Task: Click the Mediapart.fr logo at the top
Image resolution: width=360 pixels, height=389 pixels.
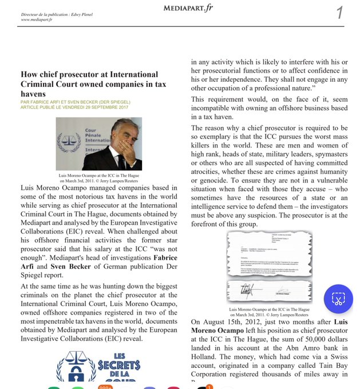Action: coord(188,7)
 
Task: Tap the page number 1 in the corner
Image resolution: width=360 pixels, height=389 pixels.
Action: coord(339,12)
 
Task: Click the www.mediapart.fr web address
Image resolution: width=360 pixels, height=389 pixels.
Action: coord(37,19)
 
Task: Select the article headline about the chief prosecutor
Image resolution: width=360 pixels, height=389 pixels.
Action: coord(89,84)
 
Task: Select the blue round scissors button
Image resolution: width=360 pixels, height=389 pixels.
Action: coord(338,299)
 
